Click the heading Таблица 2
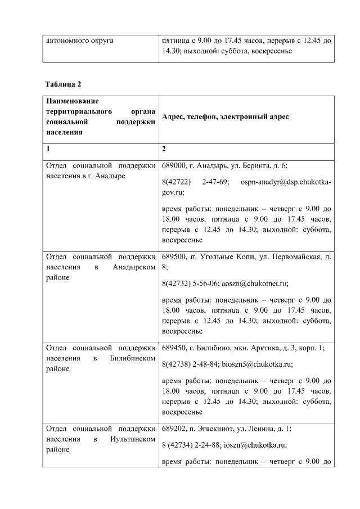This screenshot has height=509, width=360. coord(64,84)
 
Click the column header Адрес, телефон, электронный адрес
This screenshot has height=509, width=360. coord(225,116)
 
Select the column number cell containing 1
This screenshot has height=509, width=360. coord(48,150)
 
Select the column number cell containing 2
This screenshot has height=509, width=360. coord(164,150)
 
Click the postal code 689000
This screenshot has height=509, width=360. coord(174,166)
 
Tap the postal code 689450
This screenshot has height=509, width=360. coord(174,348)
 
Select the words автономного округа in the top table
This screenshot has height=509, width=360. coord(79,41)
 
